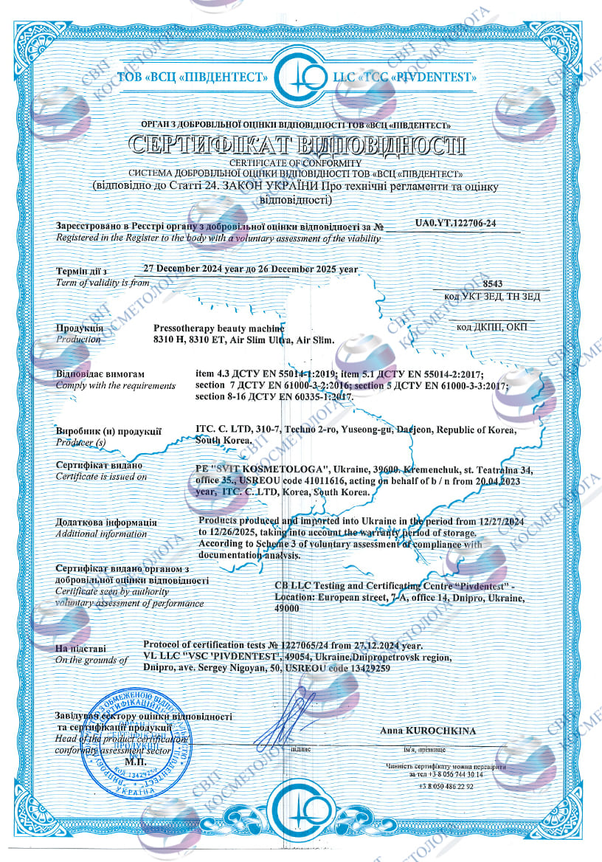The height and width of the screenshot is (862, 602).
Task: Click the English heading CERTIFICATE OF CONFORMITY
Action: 295,162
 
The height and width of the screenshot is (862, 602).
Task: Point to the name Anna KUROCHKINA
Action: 429,731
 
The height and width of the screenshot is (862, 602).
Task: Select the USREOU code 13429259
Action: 365,668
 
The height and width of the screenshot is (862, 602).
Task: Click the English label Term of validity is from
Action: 103,283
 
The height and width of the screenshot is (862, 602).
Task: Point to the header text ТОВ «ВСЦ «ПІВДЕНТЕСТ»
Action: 191,77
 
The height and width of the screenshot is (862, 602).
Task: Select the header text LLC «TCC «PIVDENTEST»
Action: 409,77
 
